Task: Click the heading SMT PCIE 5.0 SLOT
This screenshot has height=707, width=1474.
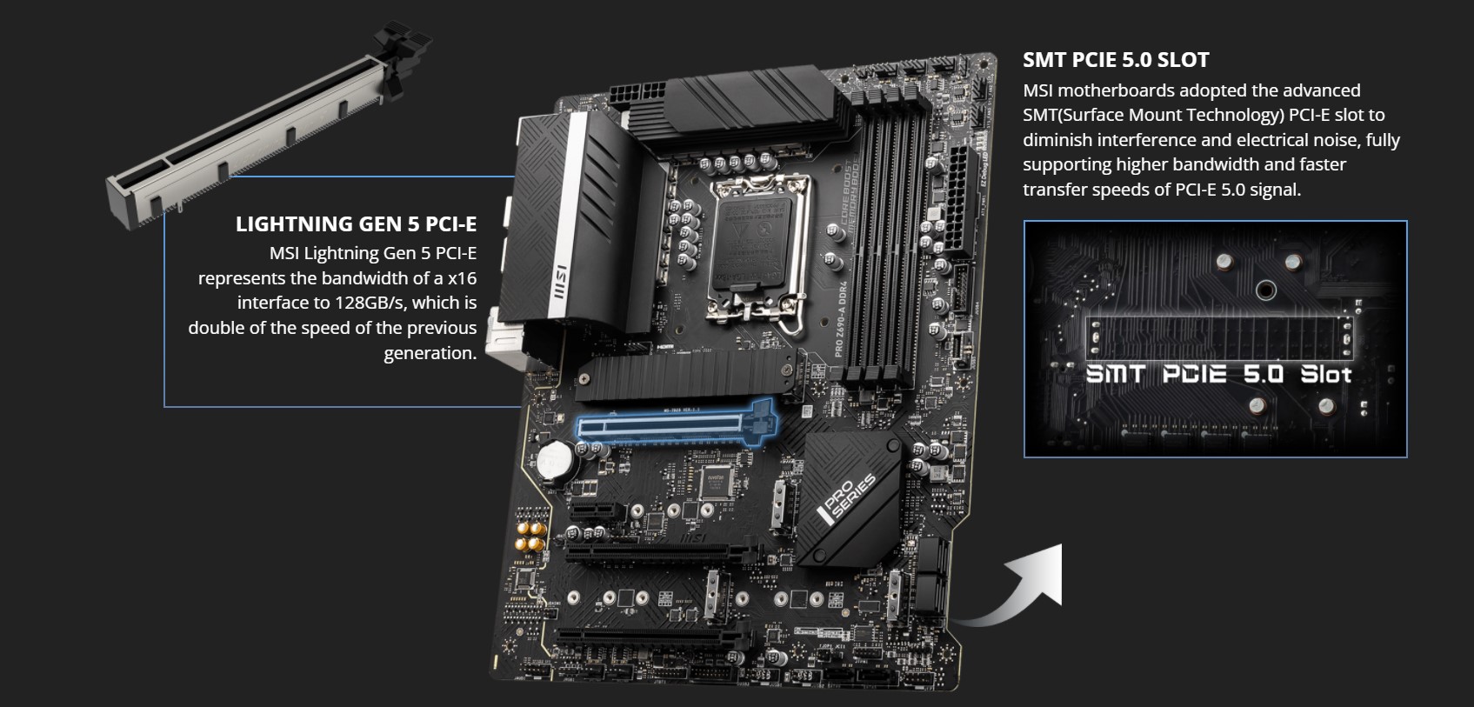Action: [1116, 60]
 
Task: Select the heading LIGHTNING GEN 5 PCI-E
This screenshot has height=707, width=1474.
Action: [356, 224]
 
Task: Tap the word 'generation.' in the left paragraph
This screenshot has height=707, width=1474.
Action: [430, 353]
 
